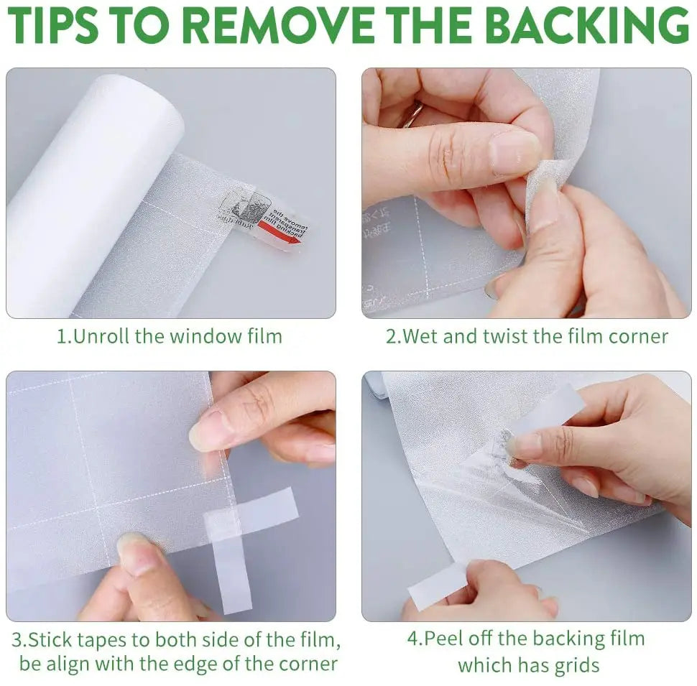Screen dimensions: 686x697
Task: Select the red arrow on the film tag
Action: coord(280,234)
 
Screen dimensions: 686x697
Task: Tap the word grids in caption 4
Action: coord(575,665)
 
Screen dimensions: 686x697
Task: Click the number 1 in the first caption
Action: coord(60,336)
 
